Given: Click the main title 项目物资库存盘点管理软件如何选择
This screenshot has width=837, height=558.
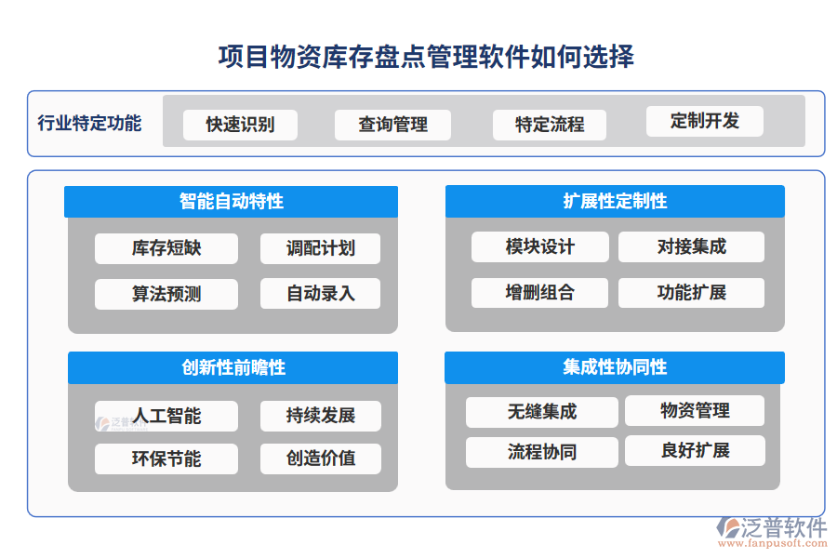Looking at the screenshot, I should coord(426,57).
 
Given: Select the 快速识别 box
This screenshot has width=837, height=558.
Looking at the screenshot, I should coord(240,125).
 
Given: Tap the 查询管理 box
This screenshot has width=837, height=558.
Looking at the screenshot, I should coord(392,125).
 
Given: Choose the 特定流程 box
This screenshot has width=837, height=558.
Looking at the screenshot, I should coord(550,125).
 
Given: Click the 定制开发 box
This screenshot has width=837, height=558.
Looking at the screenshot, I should coord(704,121).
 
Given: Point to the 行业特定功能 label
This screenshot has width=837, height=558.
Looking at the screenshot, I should coord(89,123).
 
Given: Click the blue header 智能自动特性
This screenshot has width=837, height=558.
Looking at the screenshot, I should coord(232,201).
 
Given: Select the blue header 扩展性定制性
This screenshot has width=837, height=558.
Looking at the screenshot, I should coord(615,201).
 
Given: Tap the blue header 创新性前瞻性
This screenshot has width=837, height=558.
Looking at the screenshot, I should coord(232,367).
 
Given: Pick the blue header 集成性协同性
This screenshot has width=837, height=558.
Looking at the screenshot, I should coord(615,367).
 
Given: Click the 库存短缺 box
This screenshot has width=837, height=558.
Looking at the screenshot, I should coord(166,248).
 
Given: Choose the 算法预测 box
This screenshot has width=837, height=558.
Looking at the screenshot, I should coord(166,294).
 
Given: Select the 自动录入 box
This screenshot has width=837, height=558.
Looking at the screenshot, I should coord(320,294).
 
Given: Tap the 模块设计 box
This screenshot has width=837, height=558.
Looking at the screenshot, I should coord(539,246).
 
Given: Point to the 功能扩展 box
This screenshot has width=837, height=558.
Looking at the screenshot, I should coord(691,292).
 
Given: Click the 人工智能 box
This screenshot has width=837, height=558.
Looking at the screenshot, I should coord(166,416).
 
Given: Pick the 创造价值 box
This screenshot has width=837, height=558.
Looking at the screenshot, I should coord(320,458).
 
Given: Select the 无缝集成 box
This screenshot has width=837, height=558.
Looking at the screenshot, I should coord(541,411).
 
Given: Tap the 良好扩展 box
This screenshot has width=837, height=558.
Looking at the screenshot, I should coord(695,450).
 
